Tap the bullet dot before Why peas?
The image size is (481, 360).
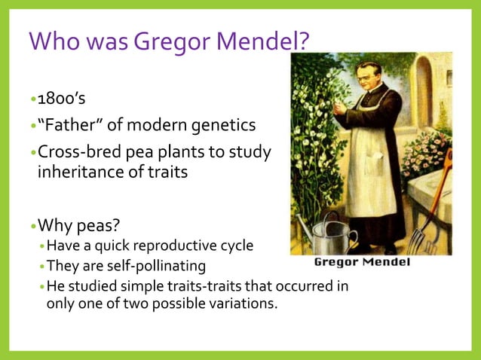[32, 224]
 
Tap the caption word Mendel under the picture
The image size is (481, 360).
[384, 262]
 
